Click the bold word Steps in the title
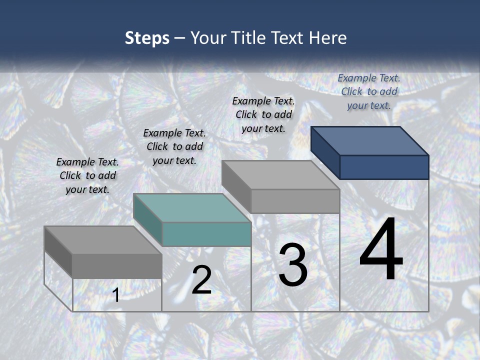pyautogui.click(x=147, y=38)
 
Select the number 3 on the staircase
pyautogui.click(x=292, y=265)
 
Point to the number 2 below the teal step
pyautogui.click(x=201, y=280)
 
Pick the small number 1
pyautogui.click(x=116, y=295)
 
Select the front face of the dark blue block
pyautogui.click(x=384, y=167)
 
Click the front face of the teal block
pyautogui.click(x=206, y=234)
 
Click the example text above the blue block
pyautogui.click(x=369, y=91)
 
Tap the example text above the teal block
pyautogui.click(x=174, y=146)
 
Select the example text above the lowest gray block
pyautogui.click(x=87, y=175)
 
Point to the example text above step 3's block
pyautogui.click(x=263, y=114)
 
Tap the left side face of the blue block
pyautogui.click(x=325, y=152)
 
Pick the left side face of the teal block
pyautogui.click(x=148, y=220)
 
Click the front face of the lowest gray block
pyautogui.click(x=117, y=266)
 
